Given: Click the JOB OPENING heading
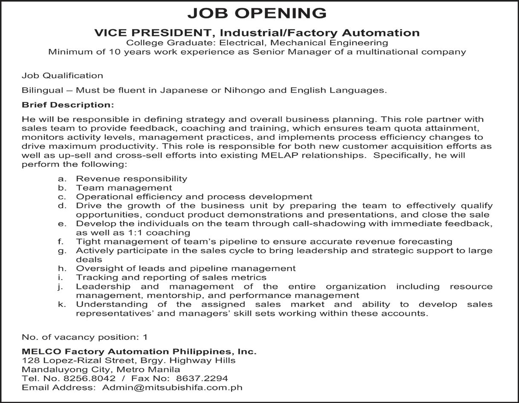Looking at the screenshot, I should click(257, 13).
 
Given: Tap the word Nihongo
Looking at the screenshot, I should click(244, 90).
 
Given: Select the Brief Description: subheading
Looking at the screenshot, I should click(68, 105).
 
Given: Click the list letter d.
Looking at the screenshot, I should click(62, 206).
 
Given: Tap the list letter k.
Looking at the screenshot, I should click(62, 304).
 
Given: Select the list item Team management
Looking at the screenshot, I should click(124, 188).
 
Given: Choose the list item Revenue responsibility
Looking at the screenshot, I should click(131, 179).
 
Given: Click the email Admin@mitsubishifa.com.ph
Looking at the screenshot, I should click(172, 388).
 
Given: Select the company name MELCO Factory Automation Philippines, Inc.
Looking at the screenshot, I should click(139, 352).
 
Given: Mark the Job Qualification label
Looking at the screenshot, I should click(62, 76).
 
